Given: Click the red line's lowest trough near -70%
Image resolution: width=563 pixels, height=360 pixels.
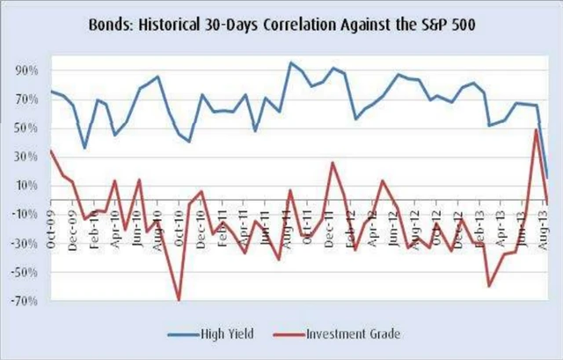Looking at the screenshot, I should (x=179, y=300).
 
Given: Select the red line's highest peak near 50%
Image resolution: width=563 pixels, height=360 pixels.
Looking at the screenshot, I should (x=537, y=129).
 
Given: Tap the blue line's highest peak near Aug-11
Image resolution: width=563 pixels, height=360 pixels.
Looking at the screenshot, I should (x=290, y=62).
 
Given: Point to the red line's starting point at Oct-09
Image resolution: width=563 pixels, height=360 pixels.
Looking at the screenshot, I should (x=51, y=151).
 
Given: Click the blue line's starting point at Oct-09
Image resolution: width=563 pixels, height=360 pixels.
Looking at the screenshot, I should (x=51, y=91).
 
